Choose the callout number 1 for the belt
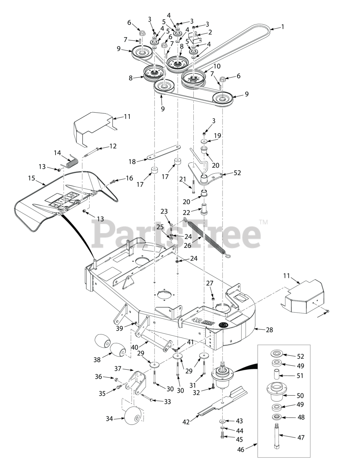(x=282, y=26)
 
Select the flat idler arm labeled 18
(x=164, y=152)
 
